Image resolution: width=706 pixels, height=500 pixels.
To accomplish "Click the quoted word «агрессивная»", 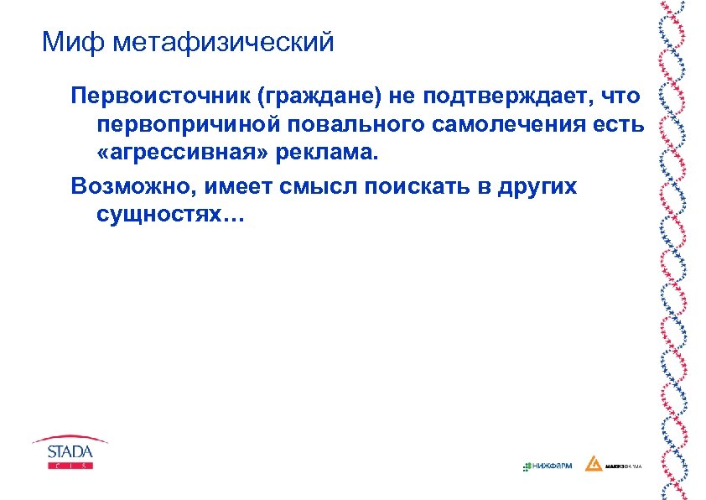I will (165, 155).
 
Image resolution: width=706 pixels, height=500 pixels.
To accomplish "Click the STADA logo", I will (70, 454).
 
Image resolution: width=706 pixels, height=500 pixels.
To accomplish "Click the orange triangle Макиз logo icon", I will (593, 464).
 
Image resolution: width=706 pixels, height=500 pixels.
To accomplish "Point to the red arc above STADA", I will (70, 439).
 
